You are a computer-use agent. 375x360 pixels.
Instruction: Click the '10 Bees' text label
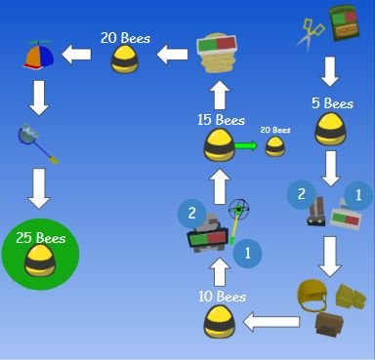pos(223,297)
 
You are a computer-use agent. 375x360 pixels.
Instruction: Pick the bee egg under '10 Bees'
pos(221,322)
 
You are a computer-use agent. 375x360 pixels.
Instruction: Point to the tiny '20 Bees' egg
pos(275,147)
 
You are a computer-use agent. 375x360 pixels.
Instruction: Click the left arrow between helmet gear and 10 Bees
pos(271,321)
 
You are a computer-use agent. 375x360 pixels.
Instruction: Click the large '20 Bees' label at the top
pos(123,38)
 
